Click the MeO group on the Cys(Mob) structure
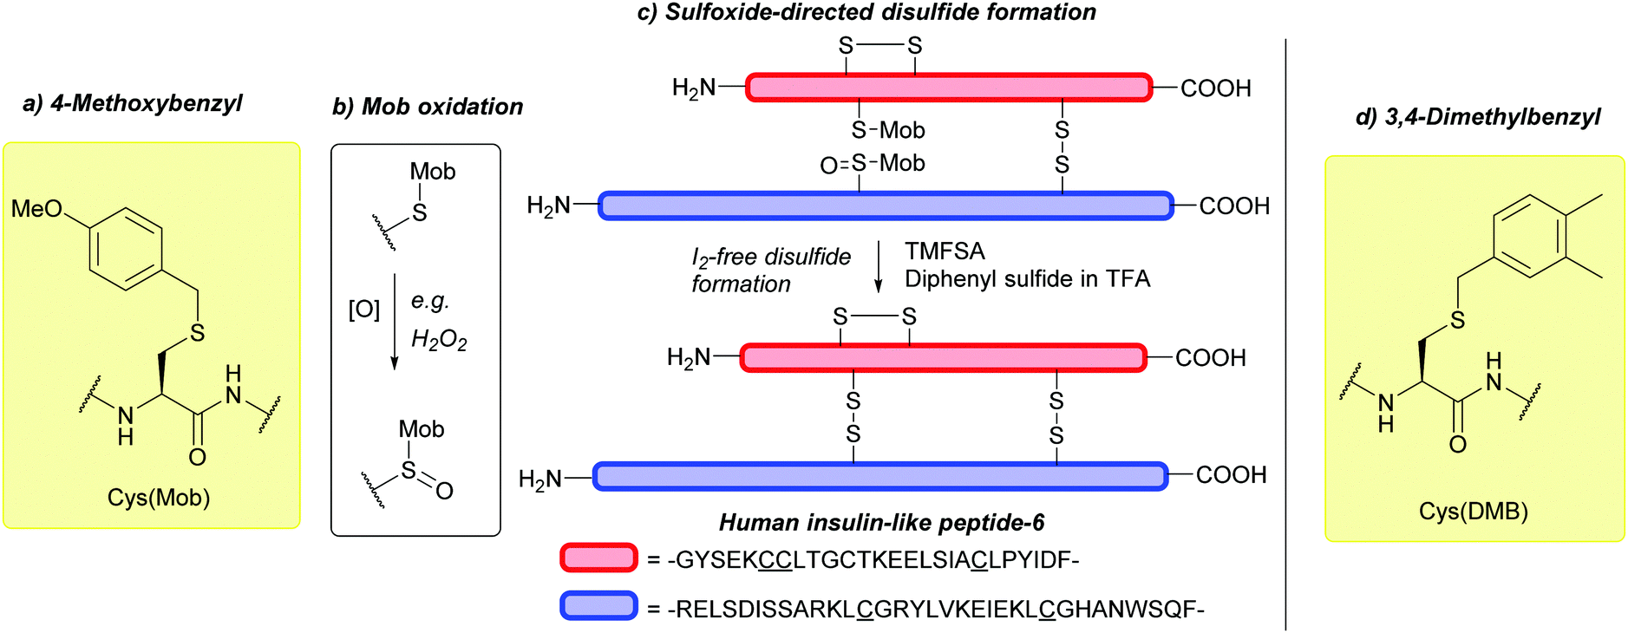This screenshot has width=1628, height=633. (36, 209)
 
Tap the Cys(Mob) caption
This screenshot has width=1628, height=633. (159, 498)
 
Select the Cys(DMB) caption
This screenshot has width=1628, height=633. (1473, 512)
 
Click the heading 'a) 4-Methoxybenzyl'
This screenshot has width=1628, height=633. (133, 104)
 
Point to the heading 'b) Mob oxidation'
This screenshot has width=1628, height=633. (428, 107)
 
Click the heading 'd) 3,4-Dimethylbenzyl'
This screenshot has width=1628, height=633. (1477, 117)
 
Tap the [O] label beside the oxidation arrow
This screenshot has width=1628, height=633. (364, 310)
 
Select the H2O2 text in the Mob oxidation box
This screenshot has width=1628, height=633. (439, 339)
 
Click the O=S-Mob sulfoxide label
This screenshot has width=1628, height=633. (872, 164)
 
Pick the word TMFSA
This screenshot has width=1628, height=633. (945, 251)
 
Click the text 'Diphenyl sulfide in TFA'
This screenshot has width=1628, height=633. (1027, 279)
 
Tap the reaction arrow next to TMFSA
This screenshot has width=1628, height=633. (878, 267)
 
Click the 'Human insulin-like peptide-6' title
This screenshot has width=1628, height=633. (881, 523)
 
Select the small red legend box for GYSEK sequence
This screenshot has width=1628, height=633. (598, 558)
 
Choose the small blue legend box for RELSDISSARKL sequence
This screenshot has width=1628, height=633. (598, 606)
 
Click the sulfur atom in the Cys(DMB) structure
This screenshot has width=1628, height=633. (1457, 321)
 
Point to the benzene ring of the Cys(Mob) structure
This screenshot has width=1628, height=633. (127, 249)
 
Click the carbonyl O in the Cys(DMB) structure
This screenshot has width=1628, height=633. (1457, 445)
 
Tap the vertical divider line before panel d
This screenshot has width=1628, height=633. (1285, 334)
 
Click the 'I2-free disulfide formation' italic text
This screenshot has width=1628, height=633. (770, 271)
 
